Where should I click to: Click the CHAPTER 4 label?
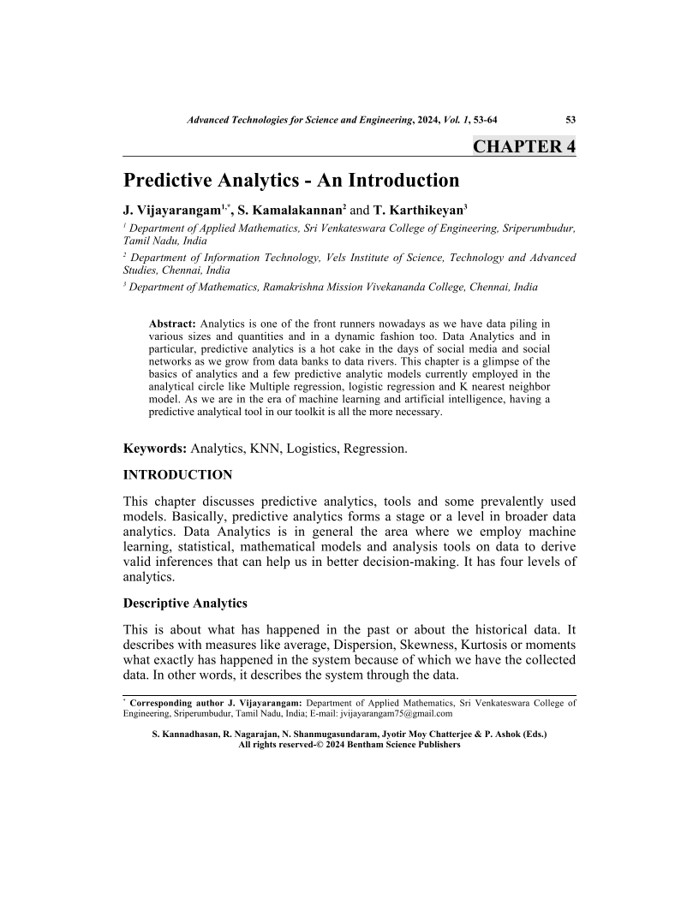[524, 146]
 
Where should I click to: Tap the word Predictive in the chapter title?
[169, 181]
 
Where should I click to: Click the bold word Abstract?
[173, 324]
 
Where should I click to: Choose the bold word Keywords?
[155, 448]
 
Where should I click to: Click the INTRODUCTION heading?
[177, 474]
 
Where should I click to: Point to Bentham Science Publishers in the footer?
[402, 745]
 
